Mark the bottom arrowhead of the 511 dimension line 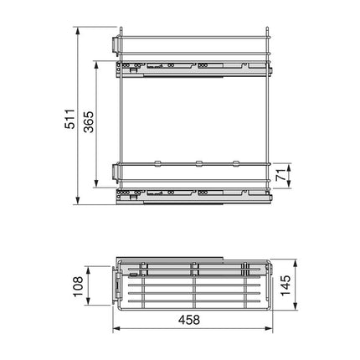point(79,203)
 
